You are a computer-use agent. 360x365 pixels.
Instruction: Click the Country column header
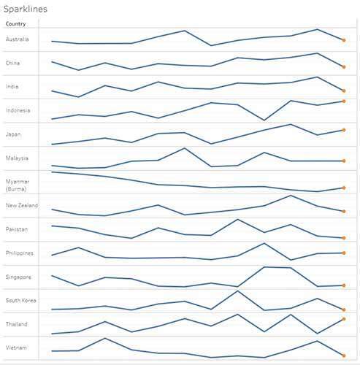pos(15,24)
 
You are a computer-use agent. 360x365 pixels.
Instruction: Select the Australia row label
pos(18,39)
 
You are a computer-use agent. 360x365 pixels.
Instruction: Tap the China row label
pos(12,64)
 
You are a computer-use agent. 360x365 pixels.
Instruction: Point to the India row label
pos(12,87)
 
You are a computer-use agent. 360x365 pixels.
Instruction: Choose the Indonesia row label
pos(18,110)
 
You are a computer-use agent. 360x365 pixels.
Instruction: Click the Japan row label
pos(12,134)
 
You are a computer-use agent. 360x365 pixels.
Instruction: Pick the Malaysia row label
pos(17,158)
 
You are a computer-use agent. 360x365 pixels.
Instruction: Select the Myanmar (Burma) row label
pos(18,185)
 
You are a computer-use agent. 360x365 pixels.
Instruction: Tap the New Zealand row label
pos(22,206)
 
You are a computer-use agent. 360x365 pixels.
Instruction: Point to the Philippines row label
pos(19,253)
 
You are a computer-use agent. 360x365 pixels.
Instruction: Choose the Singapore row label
pos(18,277)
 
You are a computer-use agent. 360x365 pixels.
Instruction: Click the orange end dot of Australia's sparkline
pos(343,40)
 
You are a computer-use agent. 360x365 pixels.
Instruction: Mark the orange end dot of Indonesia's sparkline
pos(343,101)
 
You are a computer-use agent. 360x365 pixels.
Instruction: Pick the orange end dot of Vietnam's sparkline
pos(343,356)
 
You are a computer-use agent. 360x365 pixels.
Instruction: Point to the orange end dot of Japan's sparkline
pos(343,130)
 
